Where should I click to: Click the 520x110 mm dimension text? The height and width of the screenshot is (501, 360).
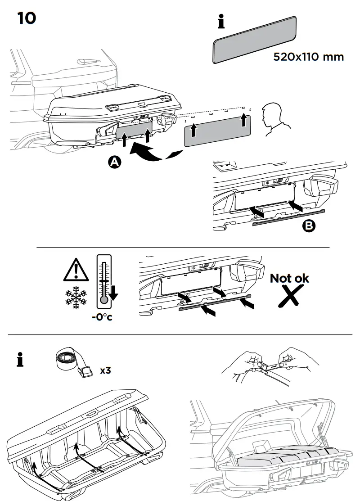coord(308,57)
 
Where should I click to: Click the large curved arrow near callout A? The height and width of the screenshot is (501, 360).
coord(151,154)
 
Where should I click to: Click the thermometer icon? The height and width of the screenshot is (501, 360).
coord(104,281)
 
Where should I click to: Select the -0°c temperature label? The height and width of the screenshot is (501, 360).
coord(102,317)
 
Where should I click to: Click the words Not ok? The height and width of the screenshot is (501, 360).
coord(289,278)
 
